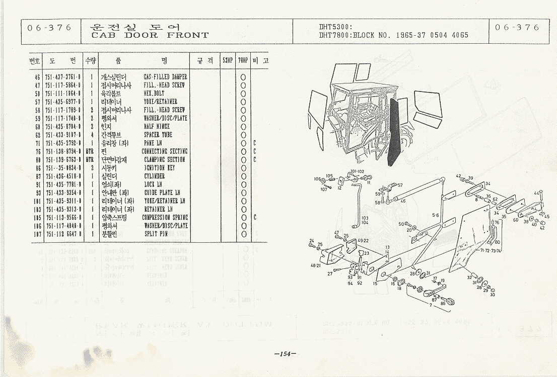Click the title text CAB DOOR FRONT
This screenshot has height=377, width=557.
(x=150, y=35)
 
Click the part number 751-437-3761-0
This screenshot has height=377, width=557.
(x=62, y=77)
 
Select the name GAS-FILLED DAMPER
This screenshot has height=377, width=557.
(x=165, y=77)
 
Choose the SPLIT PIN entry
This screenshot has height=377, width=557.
(x=156, y=234)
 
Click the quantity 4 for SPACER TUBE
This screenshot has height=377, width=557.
(x=92, y=135)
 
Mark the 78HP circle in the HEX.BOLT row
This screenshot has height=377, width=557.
(x=243, y=93)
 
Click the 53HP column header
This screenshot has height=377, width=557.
(x=228, y=61)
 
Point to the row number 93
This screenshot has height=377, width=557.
(x=37, y=193)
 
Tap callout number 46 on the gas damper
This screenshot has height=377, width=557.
(x=403, y=201)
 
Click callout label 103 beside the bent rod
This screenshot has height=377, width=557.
(x=365, y=218)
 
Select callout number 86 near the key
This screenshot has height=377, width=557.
(x=443, y=304)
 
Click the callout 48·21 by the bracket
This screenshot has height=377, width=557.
(x=316, y=265)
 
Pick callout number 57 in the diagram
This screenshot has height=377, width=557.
(x=400, y=185)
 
